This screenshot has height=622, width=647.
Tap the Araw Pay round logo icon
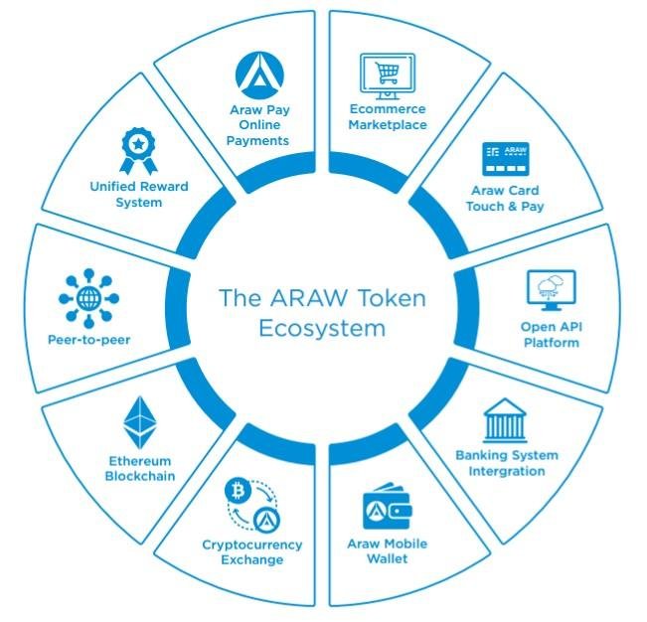click(259, 74)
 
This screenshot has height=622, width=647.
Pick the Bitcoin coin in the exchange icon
click(239, 490)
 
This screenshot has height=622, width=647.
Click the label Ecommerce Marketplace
click(388, 117)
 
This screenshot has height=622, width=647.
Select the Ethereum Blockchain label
click(140, 469)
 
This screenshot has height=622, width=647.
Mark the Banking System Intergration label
click(507, 463)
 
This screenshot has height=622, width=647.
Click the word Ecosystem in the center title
click(321, 329)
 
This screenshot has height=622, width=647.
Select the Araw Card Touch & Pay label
click(505, 198)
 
